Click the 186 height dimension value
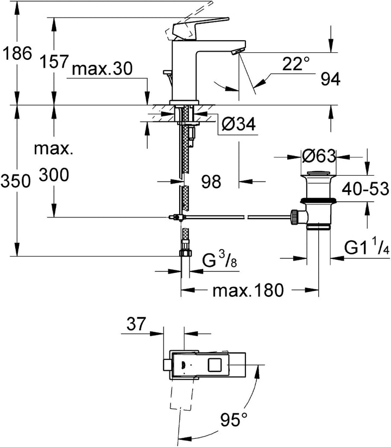tap(17, 54)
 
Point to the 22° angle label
tap(296, 65)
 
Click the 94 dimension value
tap(330, 79)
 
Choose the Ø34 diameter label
tap(239, 126)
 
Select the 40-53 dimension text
tap(365, 189)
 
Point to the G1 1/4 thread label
tap(367, 248)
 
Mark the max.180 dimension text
tap(248, 291)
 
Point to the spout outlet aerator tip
tap(236, 52)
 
